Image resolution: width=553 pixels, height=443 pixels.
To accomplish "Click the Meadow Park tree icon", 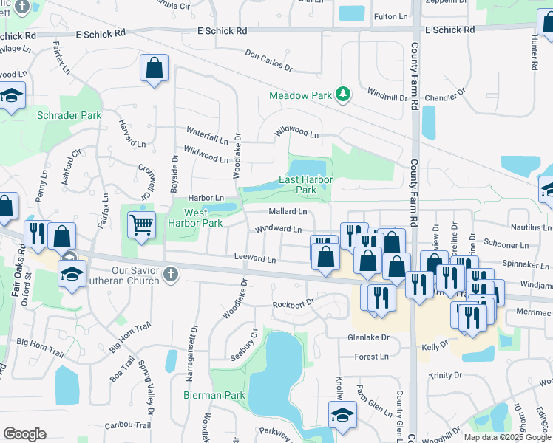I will (342, 95).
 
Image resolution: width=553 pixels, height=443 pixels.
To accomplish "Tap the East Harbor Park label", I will (306, 185).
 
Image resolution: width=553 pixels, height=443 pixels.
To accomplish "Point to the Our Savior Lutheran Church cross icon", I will (171, 275).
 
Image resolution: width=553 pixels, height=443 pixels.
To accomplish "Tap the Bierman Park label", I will (214, 395).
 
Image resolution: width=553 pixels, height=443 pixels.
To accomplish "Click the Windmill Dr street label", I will (387, 94).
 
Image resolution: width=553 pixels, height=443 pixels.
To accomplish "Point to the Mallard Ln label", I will (288, 211).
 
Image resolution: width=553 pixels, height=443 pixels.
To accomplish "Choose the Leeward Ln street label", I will (254, 259).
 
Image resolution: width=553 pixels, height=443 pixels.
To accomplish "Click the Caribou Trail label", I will (127, 425).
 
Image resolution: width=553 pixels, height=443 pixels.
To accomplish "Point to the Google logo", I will (24, 434).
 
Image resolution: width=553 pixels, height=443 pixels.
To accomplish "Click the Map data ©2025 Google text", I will (506, 437).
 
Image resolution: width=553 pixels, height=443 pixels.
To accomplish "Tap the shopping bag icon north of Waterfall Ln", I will (154, 69).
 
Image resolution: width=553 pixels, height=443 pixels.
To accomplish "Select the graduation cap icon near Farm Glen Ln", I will (342, 414).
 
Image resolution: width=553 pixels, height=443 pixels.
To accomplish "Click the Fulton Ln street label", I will (391, 16).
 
